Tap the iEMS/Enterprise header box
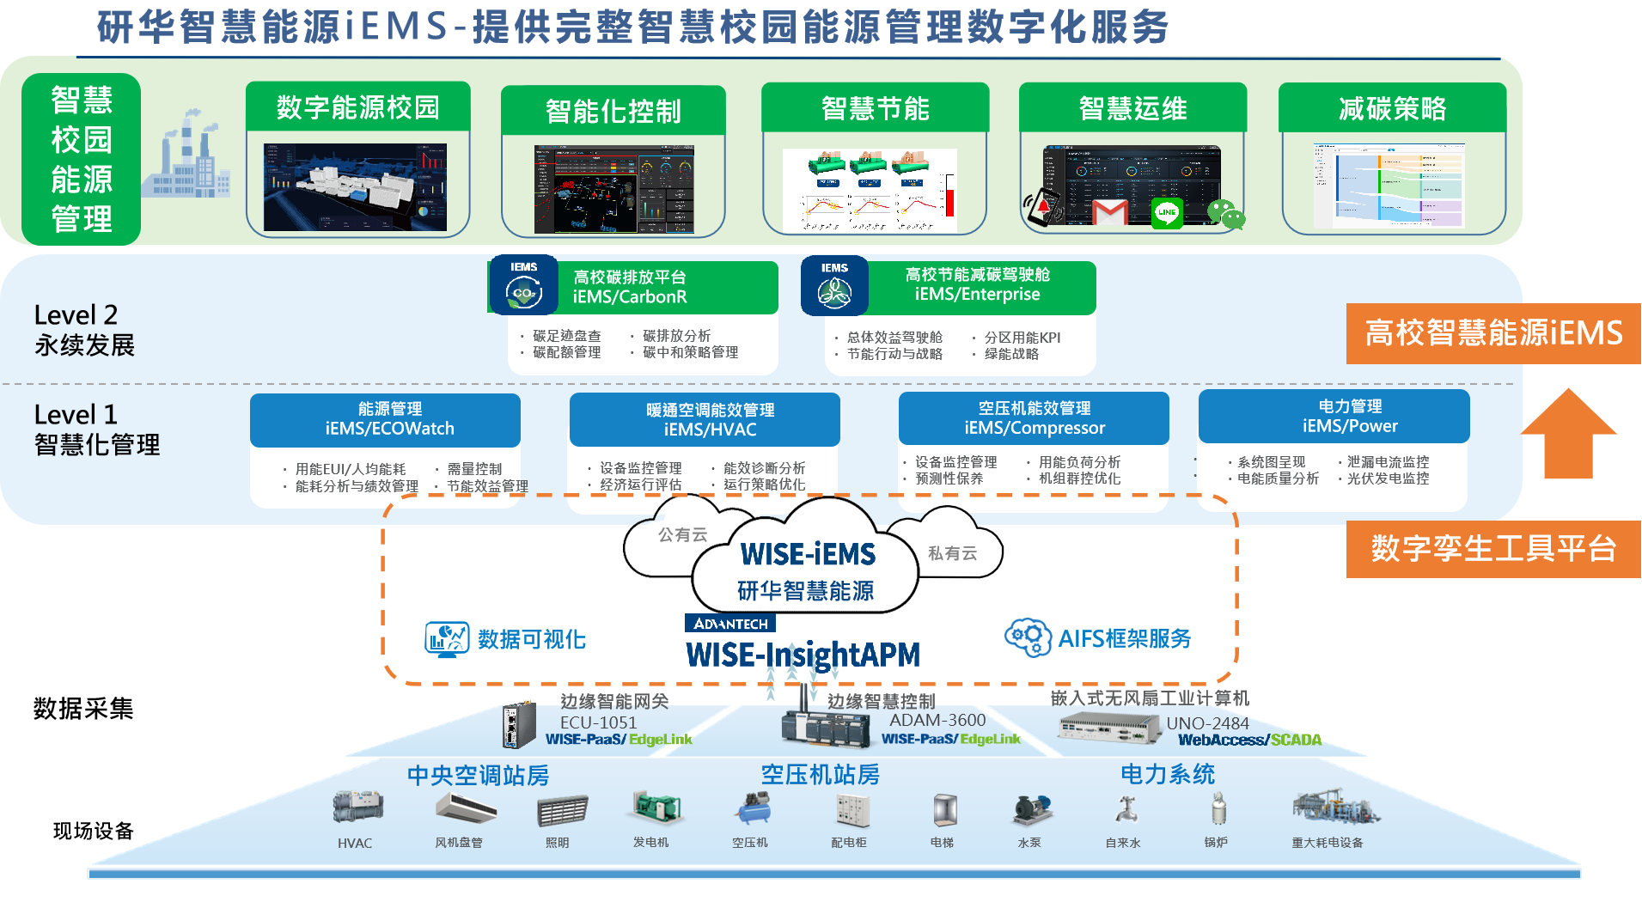(978, 286)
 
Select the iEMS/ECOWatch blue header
(385, 420)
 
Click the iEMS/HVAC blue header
(705, 420)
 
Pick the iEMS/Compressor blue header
(1034, 418)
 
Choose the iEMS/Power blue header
(1334, 417)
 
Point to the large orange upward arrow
(1568, 434)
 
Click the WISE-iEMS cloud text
(808, 555)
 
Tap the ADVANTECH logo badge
(730, 624)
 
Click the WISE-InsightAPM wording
(803, 655)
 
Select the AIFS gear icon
(1028, 637)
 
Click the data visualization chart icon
(447, 639)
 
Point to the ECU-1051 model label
(598, 722)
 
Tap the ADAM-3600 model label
(937, 720)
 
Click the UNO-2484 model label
(1207, 723)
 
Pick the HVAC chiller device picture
(357, 807)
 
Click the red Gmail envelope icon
(1110, 211)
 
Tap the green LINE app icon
(1166, 212)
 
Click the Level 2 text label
(76, 315)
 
